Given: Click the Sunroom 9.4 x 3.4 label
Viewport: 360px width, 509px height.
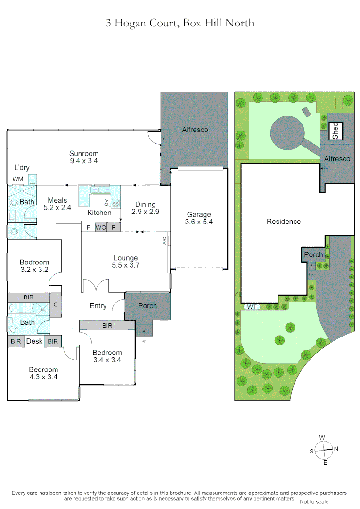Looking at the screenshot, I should click(84, 157).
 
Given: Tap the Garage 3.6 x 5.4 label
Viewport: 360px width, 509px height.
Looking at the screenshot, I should click(199, 218).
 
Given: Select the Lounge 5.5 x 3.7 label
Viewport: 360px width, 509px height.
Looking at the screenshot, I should click(125, 262).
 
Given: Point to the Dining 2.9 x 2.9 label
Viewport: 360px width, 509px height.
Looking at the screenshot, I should click(145, 208).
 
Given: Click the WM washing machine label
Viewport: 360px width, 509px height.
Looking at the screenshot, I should click(18, 179).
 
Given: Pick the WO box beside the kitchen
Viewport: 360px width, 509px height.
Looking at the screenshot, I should click(100, 227).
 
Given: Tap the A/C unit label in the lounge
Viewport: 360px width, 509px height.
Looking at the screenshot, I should click(165, 240).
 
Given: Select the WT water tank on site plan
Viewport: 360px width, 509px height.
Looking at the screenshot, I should click(252, 307).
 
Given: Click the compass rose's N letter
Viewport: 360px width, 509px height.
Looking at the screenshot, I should click(336, 449).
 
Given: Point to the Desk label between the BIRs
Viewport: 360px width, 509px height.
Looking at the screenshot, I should click(34, 341).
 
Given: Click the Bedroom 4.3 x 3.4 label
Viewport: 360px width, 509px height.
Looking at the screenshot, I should click(43, 373).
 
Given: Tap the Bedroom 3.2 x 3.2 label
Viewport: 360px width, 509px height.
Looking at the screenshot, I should click(34, 266).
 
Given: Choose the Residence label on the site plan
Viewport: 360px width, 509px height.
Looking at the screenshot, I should click(284, 222).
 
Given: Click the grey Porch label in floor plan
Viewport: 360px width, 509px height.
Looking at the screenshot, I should click(147, 306).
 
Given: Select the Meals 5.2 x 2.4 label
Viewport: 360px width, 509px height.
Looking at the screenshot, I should click(57, 204).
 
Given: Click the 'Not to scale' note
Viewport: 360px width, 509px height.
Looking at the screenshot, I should click(314, 502).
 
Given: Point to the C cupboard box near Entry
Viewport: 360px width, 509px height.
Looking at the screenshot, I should click(56, 305).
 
